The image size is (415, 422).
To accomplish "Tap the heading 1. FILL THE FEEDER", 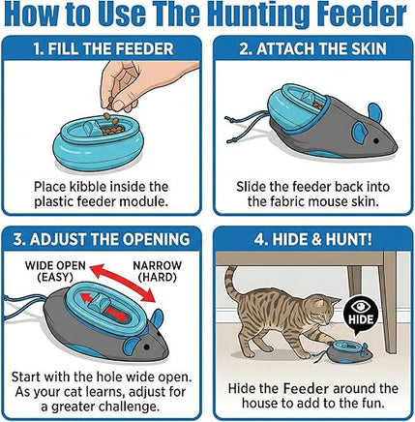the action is [104, 49].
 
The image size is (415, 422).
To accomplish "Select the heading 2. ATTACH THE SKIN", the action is [312, 49].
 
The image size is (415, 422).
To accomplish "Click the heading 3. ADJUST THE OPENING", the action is [102, 239].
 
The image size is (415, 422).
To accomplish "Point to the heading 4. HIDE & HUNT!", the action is [312, 239].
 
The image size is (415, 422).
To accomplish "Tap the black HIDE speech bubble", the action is [361, 316].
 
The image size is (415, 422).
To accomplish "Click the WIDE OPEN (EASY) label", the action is [55, 271].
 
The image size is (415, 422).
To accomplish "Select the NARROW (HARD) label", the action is [157, 271].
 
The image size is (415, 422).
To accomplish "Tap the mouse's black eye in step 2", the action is [375, 140].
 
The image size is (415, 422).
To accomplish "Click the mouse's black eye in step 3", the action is [147, 347].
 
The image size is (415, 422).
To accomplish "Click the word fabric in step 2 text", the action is [285, 201].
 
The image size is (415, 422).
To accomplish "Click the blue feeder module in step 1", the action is [98, 142].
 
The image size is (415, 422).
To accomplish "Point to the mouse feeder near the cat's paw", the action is [349, 351].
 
